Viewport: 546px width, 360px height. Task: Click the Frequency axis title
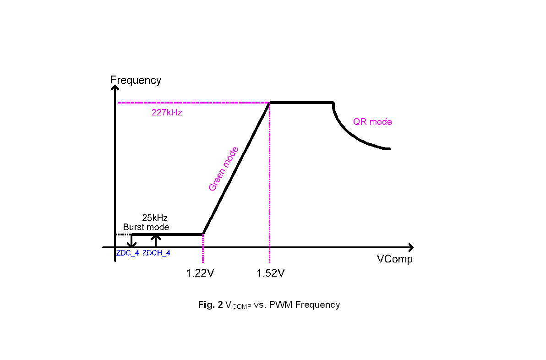tap(136, 80)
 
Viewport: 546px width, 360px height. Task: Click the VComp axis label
tap(394, 259)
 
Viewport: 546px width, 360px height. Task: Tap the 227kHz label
tap(167, 113)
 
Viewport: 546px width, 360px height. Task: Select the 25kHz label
tap(154, 218)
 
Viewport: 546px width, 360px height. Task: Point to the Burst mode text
tap(146, 227)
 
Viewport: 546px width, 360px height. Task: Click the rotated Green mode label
tap(223, 169)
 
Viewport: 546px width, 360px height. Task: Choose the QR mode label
tap(372, 122)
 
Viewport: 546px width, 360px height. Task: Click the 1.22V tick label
tap(200, 273)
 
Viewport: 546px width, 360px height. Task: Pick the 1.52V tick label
tap(271, 273)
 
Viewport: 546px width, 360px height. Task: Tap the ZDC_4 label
tap(127, 253)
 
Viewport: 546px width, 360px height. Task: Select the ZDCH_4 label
tap(156, 253)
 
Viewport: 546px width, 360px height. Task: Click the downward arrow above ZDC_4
tap(132, 241)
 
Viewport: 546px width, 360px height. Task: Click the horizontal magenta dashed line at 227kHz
tap(192, 103)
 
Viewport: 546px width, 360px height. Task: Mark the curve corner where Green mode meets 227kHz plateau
tap(270, 103)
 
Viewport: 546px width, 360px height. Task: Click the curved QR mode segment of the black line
tap(353, 136)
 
